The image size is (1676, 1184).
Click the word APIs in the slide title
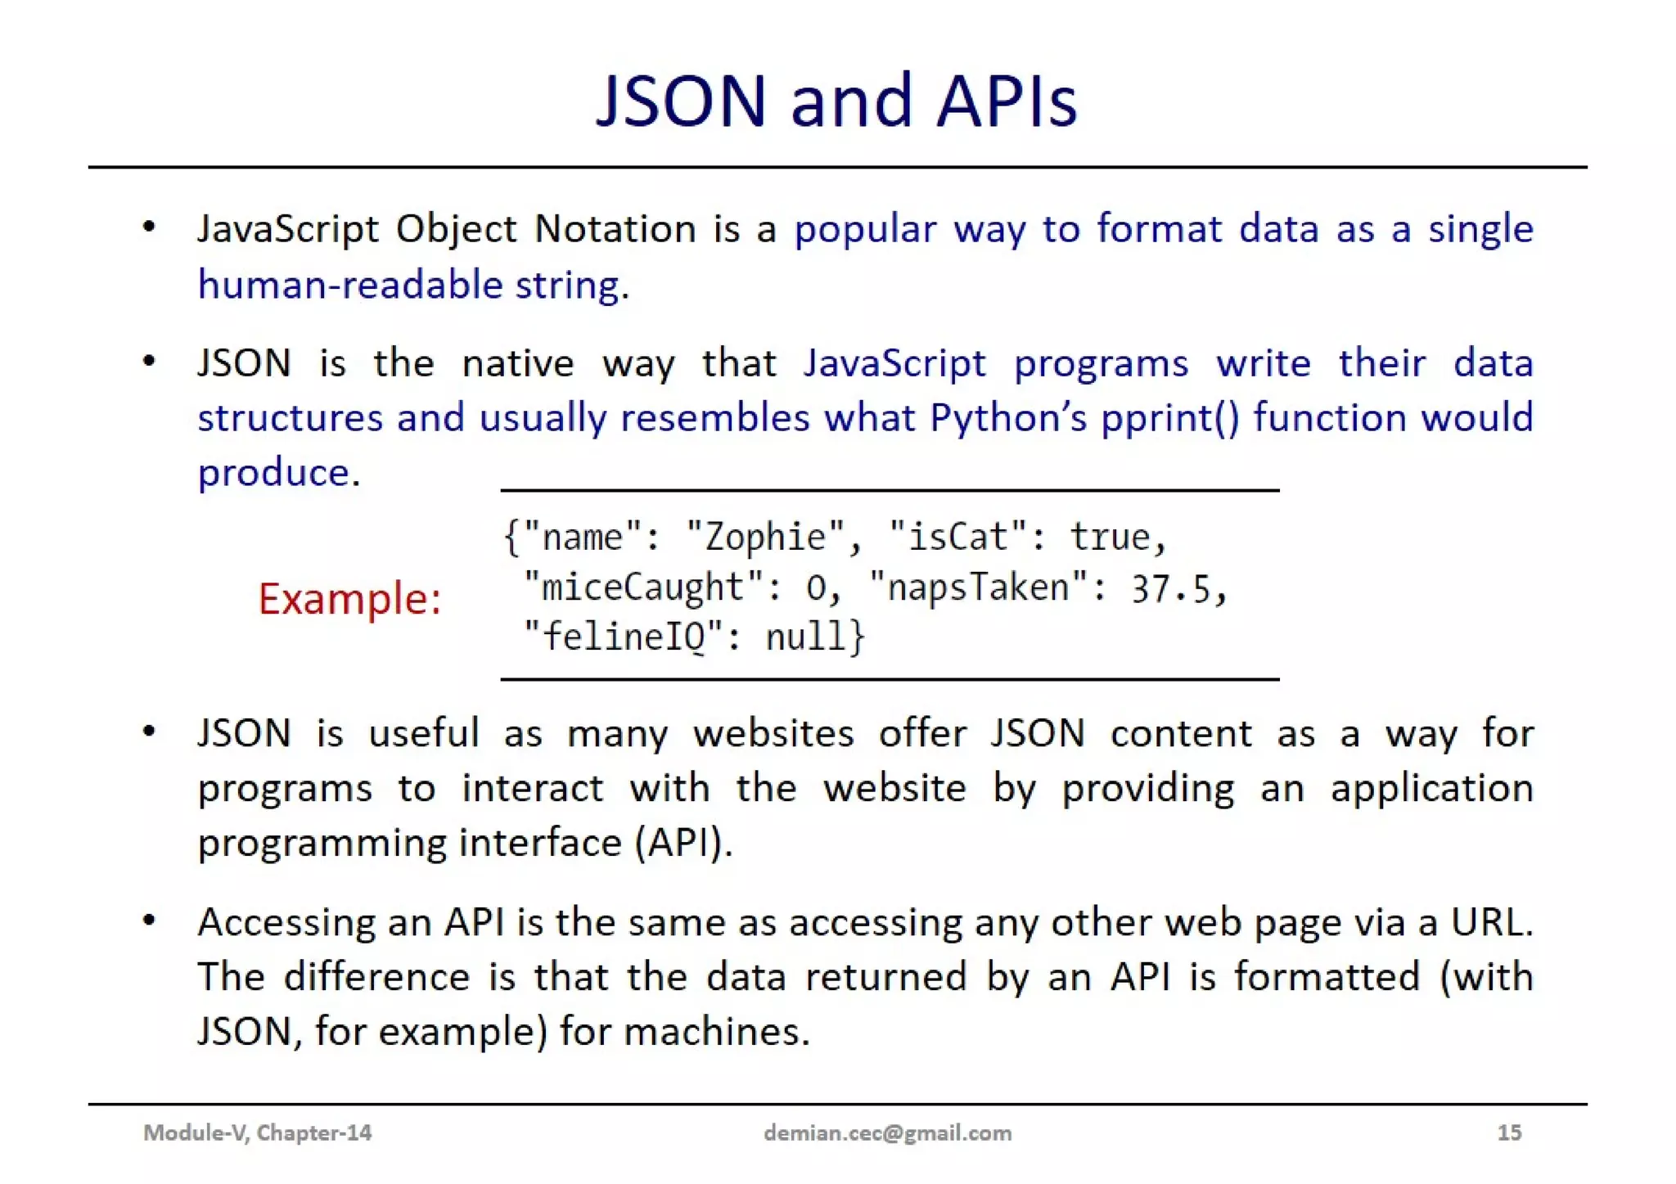coord(1006,102)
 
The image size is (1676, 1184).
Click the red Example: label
coord(349,598)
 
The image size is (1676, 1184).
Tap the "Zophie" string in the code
coord(766,538)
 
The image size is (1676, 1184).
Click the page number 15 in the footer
coord(1509,1132)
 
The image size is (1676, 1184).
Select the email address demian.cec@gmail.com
coord(887,1132)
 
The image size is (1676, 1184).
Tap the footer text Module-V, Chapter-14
coord(257,1132)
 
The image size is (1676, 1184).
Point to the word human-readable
coord(349,286)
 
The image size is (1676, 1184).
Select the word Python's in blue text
coord(1007,418)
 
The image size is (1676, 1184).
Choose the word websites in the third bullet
coord(773,733)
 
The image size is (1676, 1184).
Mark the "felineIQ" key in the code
coord(624,637)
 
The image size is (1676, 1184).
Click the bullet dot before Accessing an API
coord(149,921)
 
